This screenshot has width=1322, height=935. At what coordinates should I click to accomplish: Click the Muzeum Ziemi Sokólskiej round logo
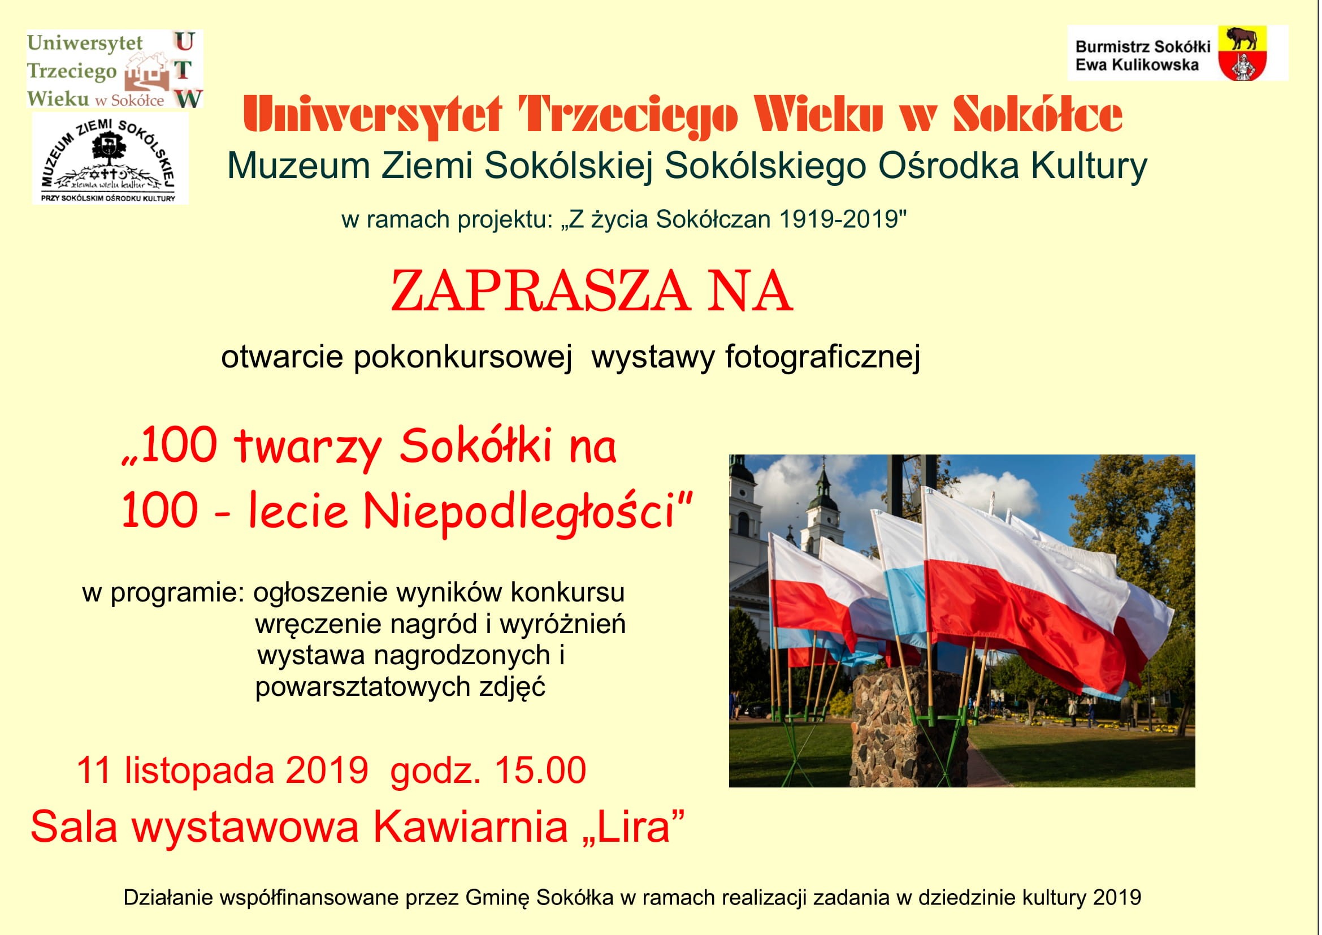click(x=110, y=157)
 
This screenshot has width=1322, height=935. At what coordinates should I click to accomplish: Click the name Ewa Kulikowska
click(x=1137, y=65)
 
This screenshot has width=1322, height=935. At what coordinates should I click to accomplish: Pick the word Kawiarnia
click(x=471, y=827)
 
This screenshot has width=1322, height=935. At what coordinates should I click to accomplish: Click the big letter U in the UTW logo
click(x=184, y=42)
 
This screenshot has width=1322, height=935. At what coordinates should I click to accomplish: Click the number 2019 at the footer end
click(x=1117, y=898)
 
